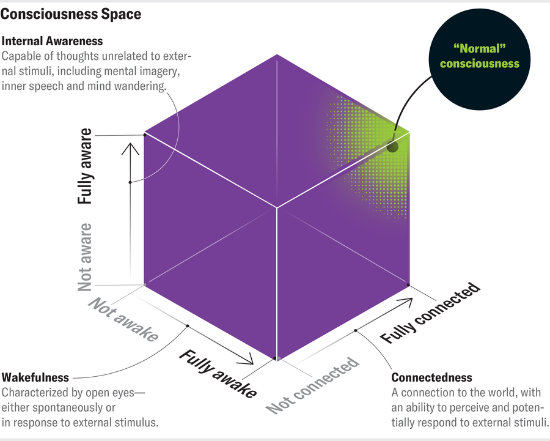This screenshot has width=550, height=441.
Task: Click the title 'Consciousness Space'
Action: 71,13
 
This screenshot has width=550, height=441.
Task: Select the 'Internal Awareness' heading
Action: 53,42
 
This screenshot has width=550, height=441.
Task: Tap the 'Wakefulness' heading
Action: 35,377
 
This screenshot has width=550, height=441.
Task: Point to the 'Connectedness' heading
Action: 431,377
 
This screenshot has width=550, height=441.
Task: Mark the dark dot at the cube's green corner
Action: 392,147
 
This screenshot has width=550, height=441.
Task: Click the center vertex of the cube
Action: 277,208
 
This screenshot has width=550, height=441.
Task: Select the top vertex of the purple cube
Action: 277,54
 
